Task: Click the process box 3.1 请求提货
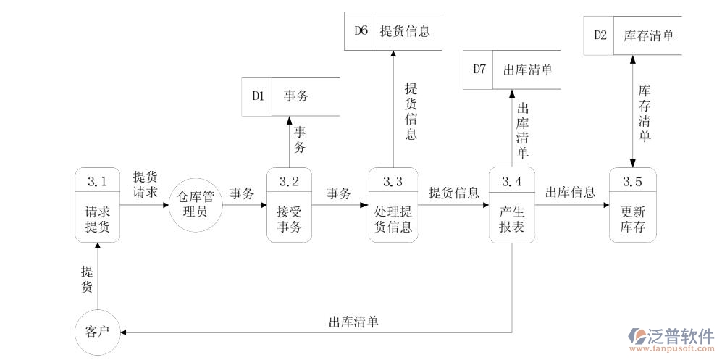(97, 205)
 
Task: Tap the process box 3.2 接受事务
(290, 205)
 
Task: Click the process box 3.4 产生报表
(511, 205)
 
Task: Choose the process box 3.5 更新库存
(633, 205)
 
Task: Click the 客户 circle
(97, 332)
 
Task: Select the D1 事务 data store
(290, 96)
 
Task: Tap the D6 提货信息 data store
(393, 31)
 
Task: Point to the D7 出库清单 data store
(512, 70)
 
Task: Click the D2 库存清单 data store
(633, 35)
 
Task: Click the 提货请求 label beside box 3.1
(145, 185)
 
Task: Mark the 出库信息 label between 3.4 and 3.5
(570, 193)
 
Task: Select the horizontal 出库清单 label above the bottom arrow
(353, 322)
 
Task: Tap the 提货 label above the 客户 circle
(87, 280)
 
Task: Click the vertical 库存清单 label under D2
(644, 113)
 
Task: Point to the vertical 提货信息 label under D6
(411, 112)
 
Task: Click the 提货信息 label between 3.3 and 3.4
(453, 193)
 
